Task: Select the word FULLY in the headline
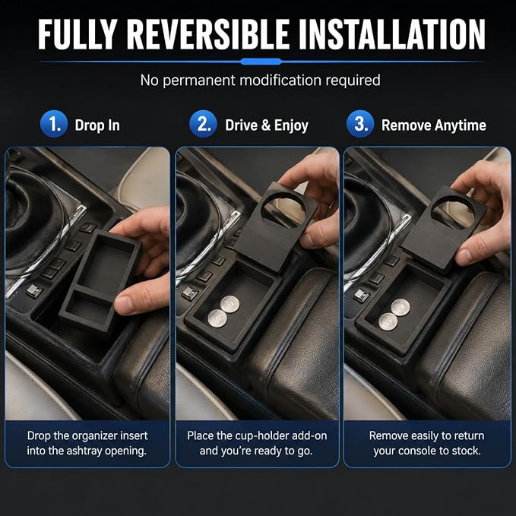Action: point(78,34)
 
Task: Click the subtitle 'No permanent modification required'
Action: point(261,81)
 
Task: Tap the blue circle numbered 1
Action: point(54,124)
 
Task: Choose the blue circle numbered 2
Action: point(203,124)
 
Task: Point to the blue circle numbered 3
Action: point(360,124)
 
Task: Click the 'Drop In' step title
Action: point(97,125)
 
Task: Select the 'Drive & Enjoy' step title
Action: point(267,125)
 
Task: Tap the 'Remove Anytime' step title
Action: point(434,125)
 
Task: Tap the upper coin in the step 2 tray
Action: point(230,304)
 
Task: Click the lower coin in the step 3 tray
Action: point(388,321)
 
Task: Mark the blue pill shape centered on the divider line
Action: point(261,62)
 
